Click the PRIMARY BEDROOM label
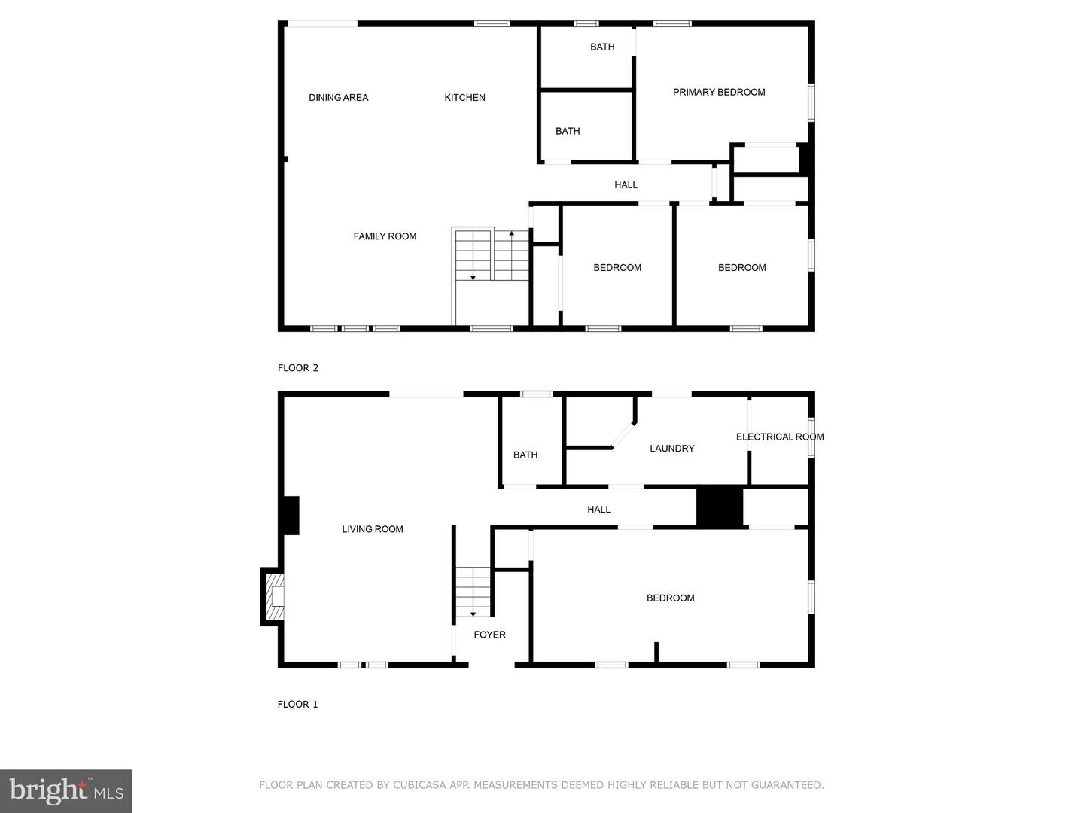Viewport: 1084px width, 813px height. [719, 92]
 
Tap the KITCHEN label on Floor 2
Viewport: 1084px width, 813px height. [464, 97]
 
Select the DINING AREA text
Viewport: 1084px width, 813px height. [338, 97]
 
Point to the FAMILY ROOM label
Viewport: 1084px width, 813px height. [385, 236]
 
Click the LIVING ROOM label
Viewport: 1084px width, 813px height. [373, 529]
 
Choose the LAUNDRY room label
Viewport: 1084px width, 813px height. [671, 449]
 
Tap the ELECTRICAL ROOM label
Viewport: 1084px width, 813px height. [779, 437]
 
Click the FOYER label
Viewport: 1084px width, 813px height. [489, 635]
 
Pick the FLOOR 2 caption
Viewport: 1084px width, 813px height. [298, 368]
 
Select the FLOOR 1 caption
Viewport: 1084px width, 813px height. [297, 705]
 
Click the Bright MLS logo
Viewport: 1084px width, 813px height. [66, 791]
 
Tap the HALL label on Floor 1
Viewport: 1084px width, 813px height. [598, 510]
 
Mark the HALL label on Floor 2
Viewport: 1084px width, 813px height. [626, 184]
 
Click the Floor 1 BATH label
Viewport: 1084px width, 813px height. [525, 455]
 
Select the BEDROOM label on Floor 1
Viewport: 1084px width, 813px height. [670, 598]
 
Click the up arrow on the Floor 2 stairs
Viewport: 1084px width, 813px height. [512, 234]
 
